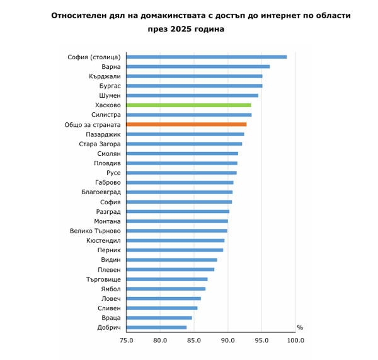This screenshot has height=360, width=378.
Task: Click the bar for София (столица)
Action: pos(207,57)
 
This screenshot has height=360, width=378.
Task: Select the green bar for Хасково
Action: pos(188,105)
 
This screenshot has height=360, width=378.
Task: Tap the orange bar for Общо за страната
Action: pos(186,124)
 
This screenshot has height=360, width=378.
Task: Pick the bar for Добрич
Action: pos(156,327)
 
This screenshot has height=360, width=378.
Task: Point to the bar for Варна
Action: pos(198,66)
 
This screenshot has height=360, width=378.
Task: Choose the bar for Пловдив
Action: pos(181,163)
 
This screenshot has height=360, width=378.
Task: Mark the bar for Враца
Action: pos(159,318)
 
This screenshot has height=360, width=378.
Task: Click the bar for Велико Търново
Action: pos(176,231)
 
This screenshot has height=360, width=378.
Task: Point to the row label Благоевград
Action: pos(101,192)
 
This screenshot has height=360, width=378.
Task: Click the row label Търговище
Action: pos(103,279)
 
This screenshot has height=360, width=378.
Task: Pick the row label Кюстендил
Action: pos(103,240)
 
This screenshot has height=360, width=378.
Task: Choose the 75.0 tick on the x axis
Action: pos(126,340)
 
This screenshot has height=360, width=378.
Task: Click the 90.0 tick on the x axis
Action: pos(227,340)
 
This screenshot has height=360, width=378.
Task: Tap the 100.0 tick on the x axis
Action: pos(295,340)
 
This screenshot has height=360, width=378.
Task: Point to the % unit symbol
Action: pos(300,327)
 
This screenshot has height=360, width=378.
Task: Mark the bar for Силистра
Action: pos(188,115)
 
